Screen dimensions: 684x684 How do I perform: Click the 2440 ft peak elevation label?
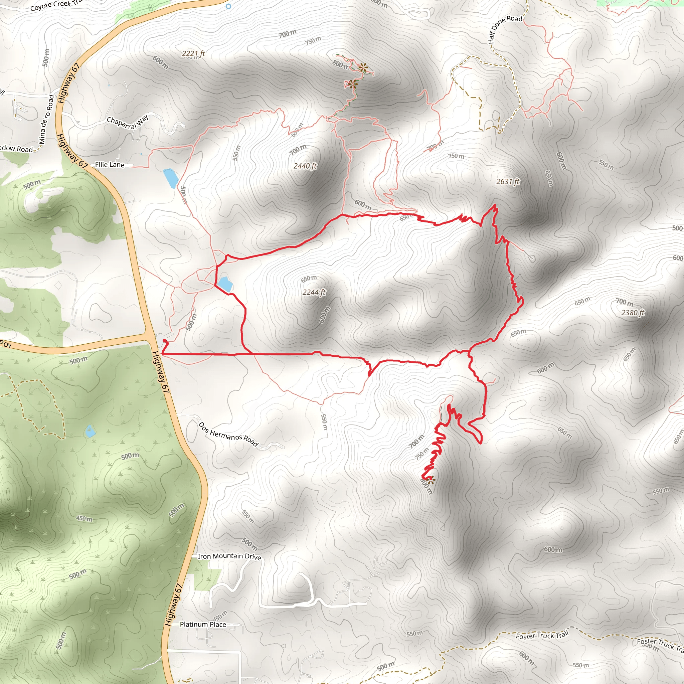tap(305, 166)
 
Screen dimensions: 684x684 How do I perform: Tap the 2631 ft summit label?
tap(508, 182)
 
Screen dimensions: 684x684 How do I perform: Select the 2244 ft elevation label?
tap(314, 292)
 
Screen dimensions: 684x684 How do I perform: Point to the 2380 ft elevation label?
tap(633, 313)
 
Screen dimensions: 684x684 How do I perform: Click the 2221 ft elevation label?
tap(193, 53)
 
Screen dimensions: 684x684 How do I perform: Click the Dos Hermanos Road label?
tap(228, 434)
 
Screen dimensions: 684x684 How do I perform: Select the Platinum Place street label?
tap(203, 624)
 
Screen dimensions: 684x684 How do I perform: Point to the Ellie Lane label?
tap(110, 165)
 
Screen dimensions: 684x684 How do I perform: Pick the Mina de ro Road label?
tap(47, 119)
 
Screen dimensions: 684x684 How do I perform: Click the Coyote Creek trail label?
tap(55, 5)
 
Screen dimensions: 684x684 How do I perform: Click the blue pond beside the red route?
tap(225, 284)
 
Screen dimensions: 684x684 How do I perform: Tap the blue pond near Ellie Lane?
tap(171, 178)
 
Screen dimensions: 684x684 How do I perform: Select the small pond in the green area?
tap(90, 432)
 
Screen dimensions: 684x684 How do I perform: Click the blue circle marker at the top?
tap(228, 6)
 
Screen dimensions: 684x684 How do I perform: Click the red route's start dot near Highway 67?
tap(165, 341)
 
